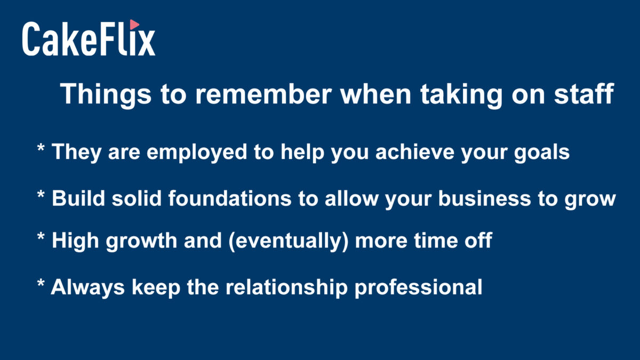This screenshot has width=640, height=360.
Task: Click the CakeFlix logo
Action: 89,38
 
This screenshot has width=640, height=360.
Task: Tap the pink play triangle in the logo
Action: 134,25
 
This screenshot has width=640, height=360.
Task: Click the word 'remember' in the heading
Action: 263,94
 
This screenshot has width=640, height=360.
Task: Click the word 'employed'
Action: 197,153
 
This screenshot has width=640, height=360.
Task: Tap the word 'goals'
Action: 542,153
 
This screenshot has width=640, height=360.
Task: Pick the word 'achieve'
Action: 415,151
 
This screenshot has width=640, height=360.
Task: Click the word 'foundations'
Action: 230,198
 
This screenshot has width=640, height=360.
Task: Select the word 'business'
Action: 485,198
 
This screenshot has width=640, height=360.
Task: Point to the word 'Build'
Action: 78,198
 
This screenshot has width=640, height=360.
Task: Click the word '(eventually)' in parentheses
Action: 289,241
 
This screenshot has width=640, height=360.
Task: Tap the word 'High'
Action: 75,241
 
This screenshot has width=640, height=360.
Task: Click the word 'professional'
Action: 419,287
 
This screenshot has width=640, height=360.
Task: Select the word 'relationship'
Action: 286,287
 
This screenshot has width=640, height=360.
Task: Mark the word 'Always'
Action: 87,287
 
